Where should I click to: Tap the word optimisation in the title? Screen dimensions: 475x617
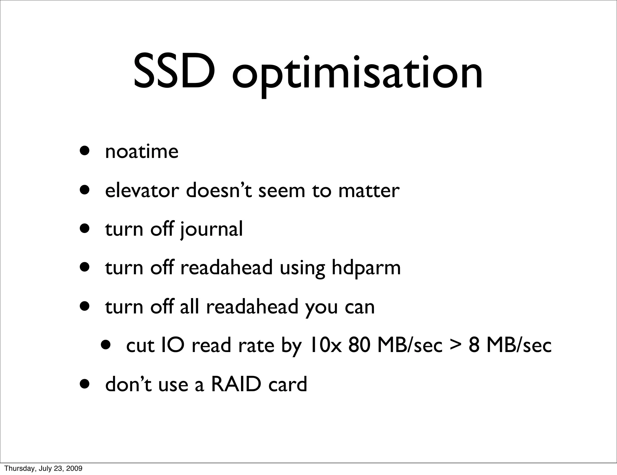point(357,74)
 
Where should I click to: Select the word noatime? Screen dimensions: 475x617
point(142,151)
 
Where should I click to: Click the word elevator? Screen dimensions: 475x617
point(142,190)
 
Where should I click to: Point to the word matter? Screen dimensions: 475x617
point(369,190)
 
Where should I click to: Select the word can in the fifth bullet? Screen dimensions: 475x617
point(359,307)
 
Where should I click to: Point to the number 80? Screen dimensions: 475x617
point(359,345)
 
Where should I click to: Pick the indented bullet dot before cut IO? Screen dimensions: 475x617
point(106,344)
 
